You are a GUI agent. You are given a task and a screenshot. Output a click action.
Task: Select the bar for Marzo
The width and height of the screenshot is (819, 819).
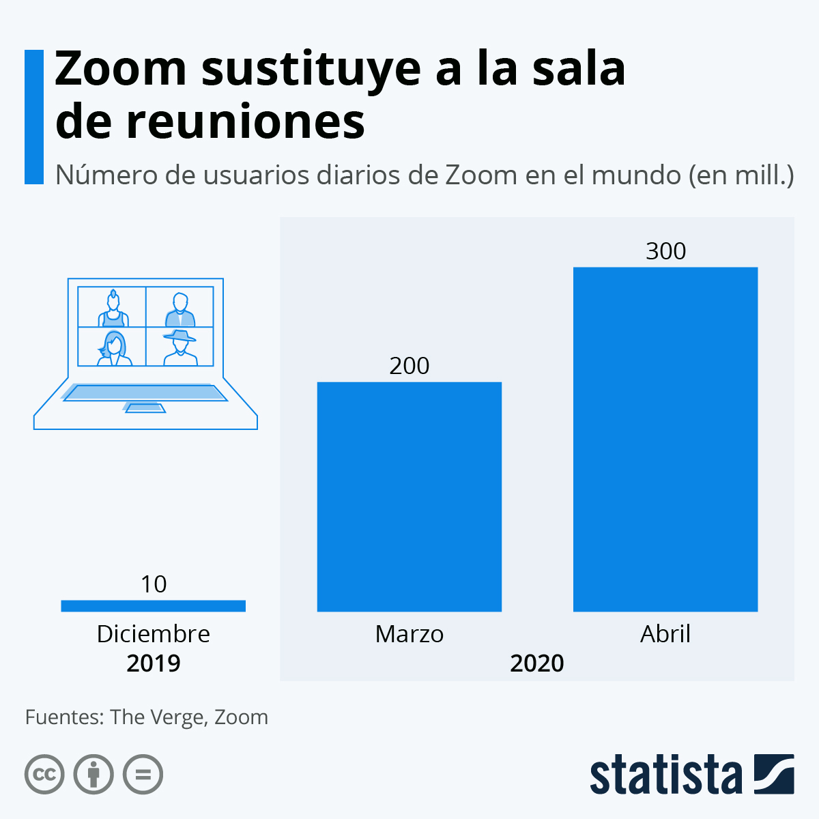click(409, 496)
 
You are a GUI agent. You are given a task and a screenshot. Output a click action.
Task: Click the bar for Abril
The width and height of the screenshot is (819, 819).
click(665, 439)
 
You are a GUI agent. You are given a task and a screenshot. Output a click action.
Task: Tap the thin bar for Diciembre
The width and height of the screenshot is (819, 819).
click(153, 605)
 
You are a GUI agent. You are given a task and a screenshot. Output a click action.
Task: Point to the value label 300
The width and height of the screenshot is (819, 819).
click(665, 251)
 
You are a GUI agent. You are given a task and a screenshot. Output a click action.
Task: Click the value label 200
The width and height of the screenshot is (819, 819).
click(409, 366)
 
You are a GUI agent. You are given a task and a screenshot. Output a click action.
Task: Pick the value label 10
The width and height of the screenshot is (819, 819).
click(153, 584)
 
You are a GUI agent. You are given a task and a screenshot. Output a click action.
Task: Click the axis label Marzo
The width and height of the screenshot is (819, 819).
click(409, 634)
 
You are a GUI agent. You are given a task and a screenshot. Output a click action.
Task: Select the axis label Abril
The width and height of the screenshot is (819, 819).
click(665, 634)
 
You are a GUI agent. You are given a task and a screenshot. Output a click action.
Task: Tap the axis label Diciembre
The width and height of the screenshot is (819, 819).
click(153, 634)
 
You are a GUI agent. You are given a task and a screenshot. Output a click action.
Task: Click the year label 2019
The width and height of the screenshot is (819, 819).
click(153, 663)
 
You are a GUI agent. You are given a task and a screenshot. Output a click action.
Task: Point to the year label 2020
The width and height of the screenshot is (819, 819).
click(537, 663)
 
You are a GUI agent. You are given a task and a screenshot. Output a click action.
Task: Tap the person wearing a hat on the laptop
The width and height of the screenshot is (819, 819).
click(179, 347)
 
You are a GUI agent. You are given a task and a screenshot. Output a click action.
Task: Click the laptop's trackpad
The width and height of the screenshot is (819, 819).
click(145, 408)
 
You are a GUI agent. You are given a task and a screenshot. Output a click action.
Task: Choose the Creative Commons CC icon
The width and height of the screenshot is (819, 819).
click(44, 775)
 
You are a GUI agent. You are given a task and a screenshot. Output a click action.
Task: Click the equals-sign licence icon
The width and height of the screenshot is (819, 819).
click(143, 775)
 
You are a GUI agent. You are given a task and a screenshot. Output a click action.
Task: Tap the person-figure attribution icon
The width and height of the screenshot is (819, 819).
click(94, 775)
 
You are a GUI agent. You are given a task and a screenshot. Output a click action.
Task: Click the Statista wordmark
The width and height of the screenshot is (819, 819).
click(665, 775)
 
